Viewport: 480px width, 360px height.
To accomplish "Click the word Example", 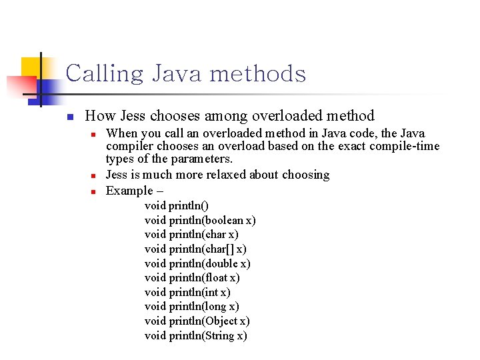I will pyautogui.click(x=129, y=191).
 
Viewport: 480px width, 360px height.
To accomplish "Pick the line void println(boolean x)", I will pyautogui.click(x=200, y=220).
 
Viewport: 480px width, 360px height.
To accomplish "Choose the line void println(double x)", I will pyautogui.click(x=197, y=263).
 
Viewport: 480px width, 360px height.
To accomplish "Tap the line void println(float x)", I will pyautogui.click(x=192, y=277).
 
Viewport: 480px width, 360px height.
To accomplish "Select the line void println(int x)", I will pyautogui.click(x=187, y=292).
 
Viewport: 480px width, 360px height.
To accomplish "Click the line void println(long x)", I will pyautogui.click(x=191, y=307).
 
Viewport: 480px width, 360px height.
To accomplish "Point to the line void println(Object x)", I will pyautogui.click(x=197, y=321).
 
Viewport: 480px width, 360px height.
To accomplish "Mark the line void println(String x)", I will pyautogui.click(x=195, y=335).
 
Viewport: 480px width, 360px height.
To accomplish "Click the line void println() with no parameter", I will pyautogui.click(x=177, y=205).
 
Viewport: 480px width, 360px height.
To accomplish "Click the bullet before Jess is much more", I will pyautogui.click(x=94, y=175).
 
